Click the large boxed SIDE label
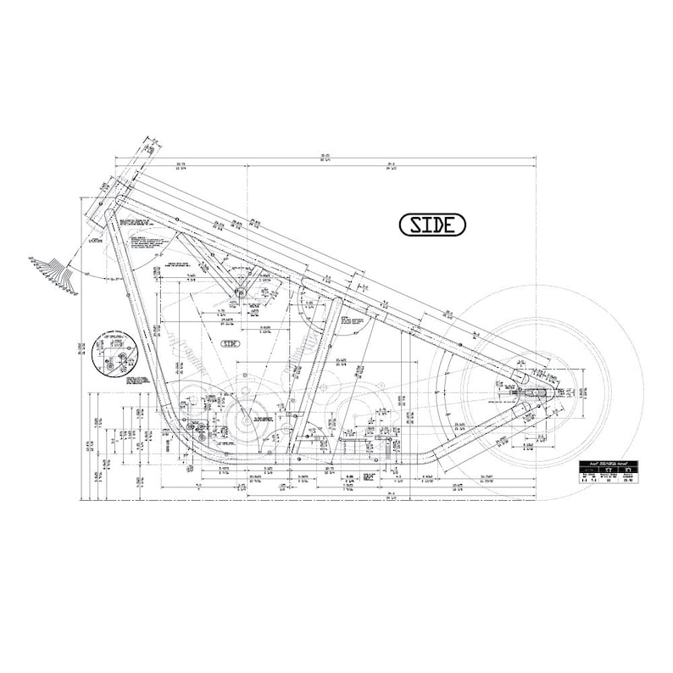click(432, 224)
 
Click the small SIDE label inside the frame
click(231, 343)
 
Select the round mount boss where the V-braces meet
click(239, 293)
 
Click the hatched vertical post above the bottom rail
click(392, 448)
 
